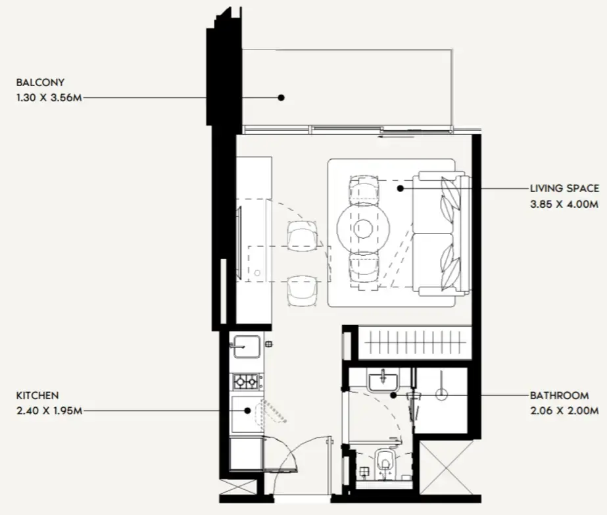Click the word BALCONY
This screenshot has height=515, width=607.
40,82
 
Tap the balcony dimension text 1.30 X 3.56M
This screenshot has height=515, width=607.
49,97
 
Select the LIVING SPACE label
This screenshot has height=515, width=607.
564,189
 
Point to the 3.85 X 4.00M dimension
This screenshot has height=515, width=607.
564,204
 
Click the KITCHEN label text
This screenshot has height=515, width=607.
37,396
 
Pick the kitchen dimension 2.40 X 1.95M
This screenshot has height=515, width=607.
49,410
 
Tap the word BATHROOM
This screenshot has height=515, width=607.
560,396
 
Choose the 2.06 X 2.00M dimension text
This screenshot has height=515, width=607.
564,410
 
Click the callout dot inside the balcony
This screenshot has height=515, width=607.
281,97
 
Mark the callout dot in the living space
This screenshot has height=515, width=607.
401,189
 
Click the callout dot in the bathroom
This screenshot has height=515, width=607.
393,395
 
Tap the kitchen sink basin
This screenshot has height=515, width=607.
247,347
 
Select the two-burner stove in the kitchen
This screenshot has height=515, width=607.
246,382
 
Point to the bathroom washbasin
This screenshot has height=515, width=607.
383,380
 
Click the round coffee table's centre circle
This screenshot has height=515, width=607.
363,228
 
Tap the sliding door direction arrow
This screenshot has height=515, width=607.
397,136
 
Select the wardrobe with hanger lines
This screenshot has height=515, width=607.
415,343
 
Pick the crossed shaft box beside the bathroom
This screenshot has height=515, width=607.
447,468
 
